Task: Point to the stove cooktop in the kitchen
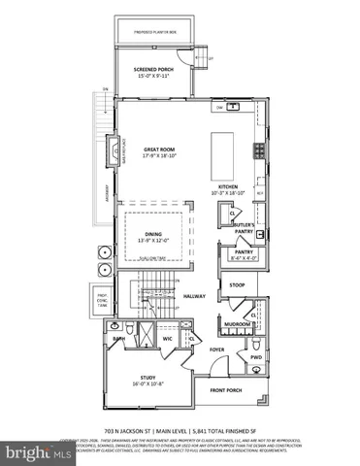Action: click(x=258, y=150)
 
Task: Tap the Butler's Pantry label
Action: click(x=244, y=226)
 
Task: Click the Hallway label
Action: click(x=196, y=296)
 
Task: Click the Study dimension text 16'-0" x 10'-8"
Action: click(x=153, y=384)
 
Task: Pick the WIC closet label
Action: click(x=168, y=339)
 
